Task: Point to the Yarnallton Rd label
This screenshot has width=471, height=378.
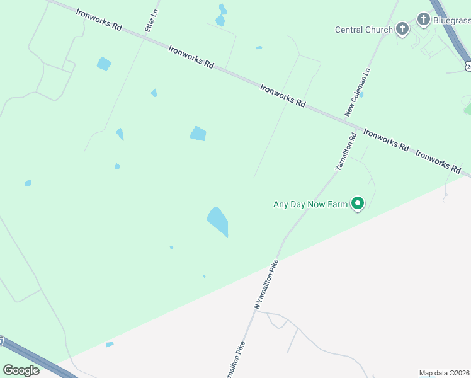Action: tap(346, 151)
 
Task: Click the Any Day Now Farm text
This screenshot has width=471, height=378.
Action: tap(310, 204)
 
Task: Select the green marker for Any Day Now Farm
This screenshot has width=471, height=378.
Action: tap(358, 203)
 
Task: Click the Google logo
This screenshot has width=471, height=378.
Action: tap(21, 370)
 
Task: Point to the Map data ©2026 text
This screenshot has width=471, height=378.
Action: tap(445, 373)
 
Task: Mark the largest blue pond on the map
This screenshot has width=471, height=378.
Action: tap(218, 222)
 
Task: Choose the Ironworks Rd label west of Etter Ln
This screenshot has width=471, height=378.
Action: tap(98, 20)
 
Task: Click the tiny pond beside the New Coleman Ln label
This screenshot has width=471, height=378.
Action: tap(361, 94)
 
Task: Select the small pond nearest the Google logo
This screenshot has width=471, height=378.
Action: tap(110, 344)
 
